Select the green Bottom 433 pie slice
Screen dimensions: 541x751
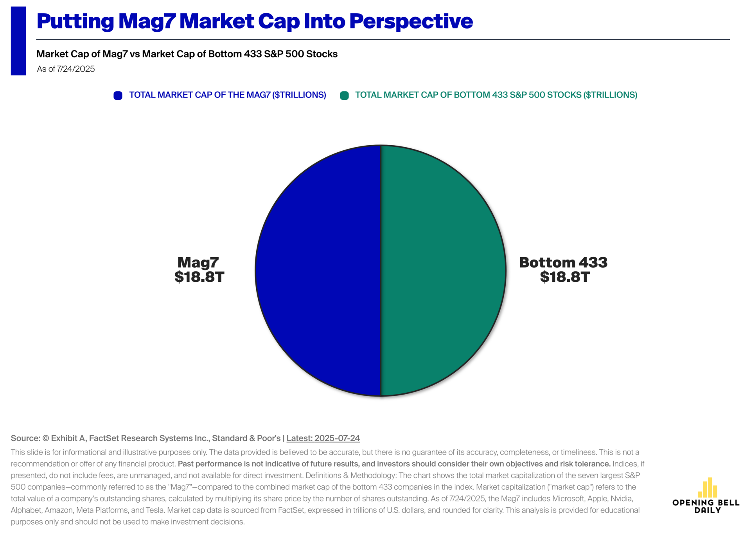point(444,270)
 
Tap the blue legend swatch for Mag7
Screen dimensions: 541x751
point(118,96)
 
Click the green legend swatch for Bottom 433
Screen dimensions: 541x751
point(344,96)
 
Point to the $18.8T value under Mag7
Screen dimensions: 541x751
point(199,277)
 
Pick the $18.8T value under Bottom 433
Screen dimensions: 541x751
point(564,277)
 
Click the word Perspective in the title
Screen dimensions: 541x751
point(411,21)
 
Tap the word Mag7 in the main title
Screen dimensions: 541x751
point(147,21)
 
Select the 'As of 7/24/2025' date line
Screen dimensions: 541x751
point(66,69)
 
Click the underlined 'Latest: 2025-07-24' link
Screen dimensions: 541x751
point(323,438)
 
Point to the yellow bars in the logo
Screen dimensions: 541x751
point(708,488)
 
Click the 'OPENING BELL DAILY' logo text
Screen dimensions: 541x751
point(706,506)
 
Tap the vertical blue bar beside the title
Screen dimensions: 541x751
point(18,41)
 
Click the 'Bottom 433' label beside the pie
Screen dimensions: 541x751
point(563,262)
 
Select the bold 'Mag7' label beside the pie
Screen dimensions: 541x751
point(198,262)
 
